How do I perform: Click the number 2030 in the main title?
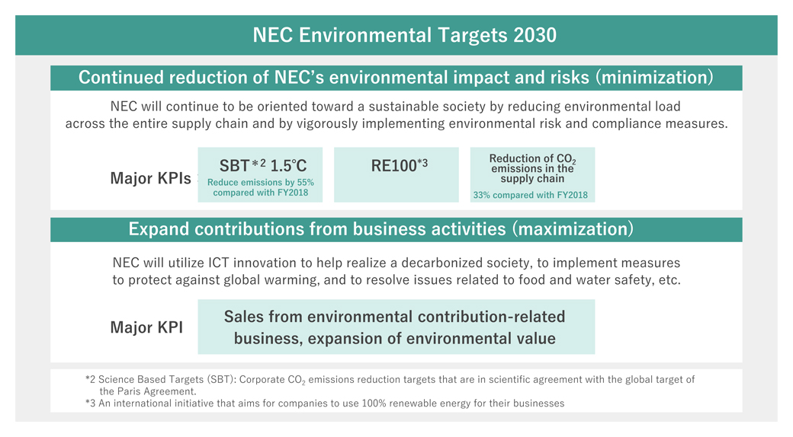coord(535,35)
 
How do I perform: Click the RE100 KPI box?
coord(396,175)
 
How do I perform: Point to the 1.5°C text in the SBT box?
coord(288,165)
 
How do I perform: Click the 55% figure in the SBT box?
coord(305,183)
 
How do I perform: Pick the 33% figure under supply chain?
coord(481,195)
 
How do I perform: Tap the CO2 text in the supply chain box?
coord(566,159)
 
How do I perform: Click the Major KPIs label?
coord(151,178)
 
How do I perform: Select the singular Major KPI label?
coord(146,327)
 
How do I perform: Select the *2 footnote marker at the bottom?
coord(91,379)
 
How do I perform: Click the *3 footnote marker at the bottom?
coord(91,404)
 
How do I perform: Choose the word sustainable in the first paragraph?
coord(400,107)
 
